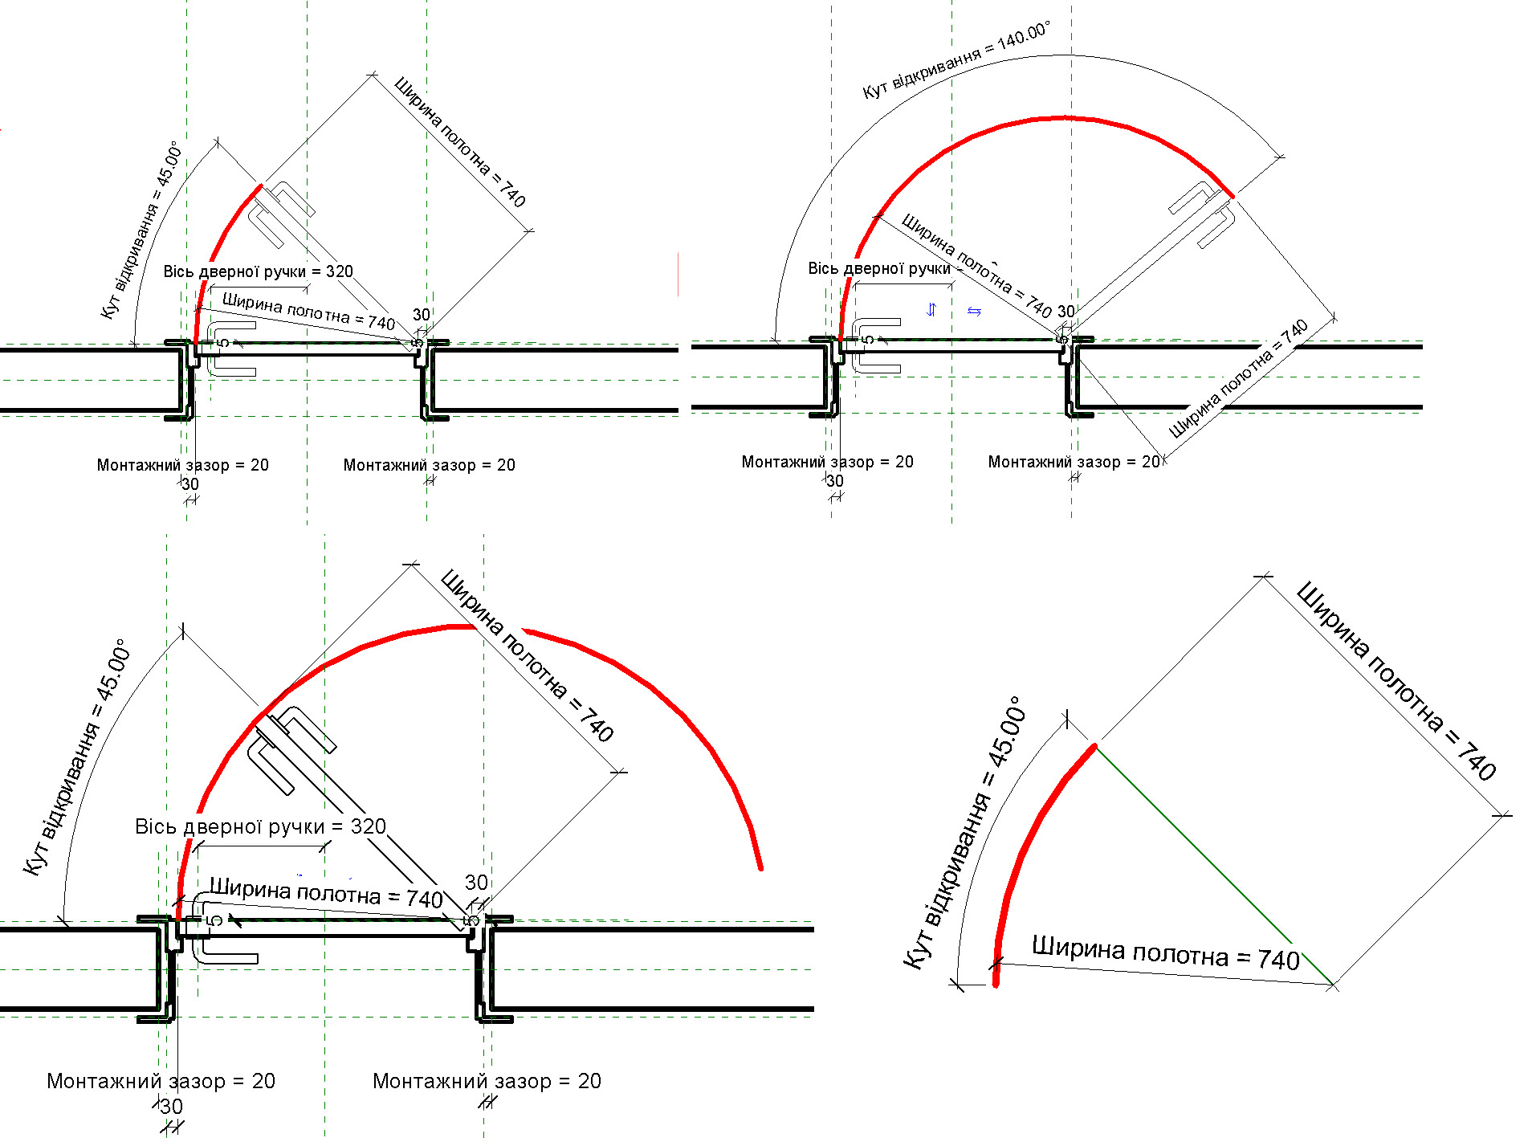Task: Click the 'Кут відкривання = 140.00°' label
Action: tap(956, 60)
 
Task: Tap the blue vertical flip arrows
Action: tap(931, 310)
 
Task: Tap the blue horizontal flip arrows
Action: tap(974, 312)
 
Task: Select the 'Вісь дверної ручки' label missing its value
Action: tap(879, 268)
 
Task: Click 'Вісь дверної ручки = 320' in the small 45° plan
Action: tap(258, 271)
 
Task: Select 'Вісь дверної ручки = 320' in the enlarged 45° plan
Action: tap(260, 826)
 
